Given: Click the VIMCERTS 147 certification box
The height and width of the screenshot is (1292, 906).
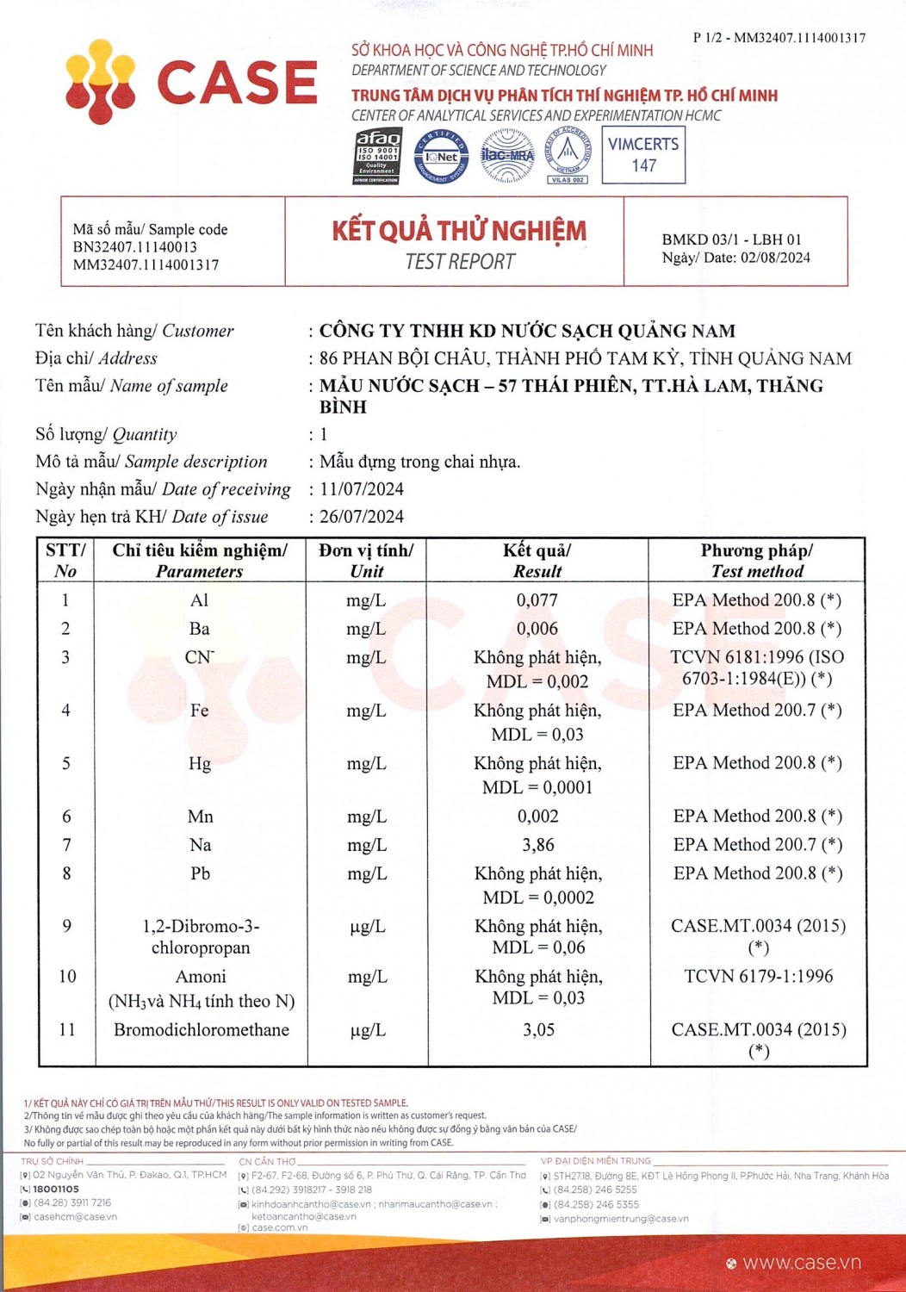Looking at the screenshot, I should pos(643,155).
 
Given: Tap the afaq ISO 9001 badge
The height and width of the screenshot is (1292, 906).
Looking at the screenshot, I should pos(377,156).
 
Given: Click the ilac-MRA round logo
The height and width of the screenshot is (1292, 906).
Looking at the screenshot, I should pos(506,155).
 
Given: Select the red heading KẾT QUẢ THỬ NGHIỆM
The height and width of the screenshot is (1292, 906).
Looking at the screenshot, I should pos(459,231).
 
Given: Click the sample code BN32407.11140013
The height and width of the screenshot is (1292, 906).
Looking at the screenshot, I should pos(135,247).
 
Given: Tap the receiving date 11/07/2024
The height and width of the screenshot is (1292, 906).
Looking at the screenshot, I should pos(362,489).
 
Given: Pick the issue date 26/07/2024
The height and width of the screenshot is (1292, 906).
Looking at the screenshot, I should pos(362,517).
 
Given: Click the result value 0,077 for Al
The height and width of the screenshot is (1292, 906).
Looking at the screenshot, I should pos(537,600).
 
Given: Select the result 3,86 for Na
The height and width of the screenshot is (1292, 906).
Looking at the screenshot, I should pos(538,845).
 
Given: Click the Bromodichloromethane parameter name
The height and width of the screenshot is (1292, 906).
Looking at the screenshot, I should pos(202,1030).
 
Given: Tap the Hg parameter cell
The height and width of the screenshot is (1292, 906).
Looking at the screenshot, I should pos(200,764).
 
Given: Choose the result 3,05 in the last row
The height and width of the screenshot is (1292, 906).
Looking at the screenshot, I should pos(538,1030).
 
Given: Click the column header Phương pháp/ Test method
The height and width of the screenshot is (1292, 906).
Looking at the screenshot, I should pos(757,561).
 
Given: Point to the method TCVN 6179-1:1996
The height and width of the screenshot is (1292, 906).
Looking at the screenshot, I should pos(759,977).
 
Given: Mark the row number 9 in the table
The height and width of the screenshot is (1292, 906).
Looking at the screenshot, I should pos(67,927).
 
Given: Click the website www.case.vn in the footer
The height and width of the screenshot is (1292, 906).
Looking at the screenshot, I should pos(801,1263).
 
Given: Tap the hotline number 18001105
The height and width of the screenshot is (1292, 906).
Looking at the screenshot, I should pos(56,1189).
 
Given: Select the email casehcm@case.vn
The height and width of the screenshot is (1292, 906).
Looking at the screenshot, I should pos(76,1217).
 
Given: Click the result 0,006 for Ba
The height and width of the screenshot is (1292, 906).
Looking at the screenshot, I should pos(537,629).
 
